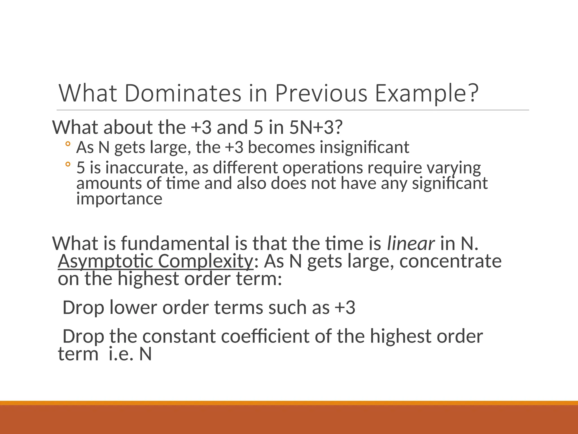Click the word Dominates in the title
(x=183, y=93)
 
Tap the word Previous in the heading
(x=321, y=93)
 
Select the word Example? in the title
(x=427, y=93)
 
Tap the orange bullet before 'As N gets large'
(x=67, y=144)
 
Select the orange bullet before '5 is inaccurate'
(x=67, y=164)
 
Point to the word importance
(x=119, y=199)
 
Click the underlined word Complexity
(x=205, y=261)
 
